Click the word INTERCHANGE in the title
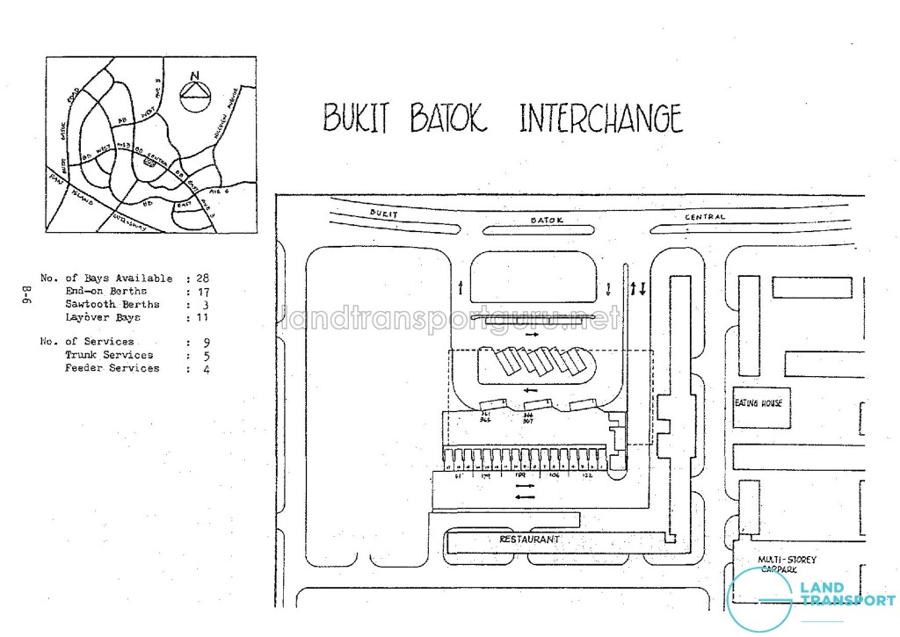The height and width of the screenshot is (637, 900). [600, 119]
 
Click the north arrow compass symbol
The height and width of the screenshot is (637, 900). [195, 90]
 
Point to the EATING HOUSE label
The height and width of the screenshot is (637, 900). [758, 403]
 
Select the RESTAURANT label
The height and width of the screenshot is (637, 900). [529, 539]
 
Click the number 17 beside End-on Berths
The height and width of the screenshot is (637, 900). [202, 291]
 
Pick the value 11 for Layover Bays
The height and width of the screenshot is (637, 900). [202, 317]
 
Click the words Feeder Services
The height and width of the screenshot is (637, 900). [112, 368]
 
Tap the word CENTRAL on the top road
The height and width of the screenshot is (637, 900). [705, 217]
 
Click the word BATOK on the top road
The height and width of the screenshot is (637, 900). [546, 220]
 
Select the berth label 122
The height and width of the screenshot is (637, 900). [587, 474]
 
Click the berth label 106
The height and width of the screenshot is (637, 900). [554, 474]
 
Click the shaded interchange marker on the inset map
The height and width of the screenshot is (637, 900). [150, 163]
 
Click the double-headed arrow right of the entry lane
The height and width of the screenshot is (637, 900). [639, 288]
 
